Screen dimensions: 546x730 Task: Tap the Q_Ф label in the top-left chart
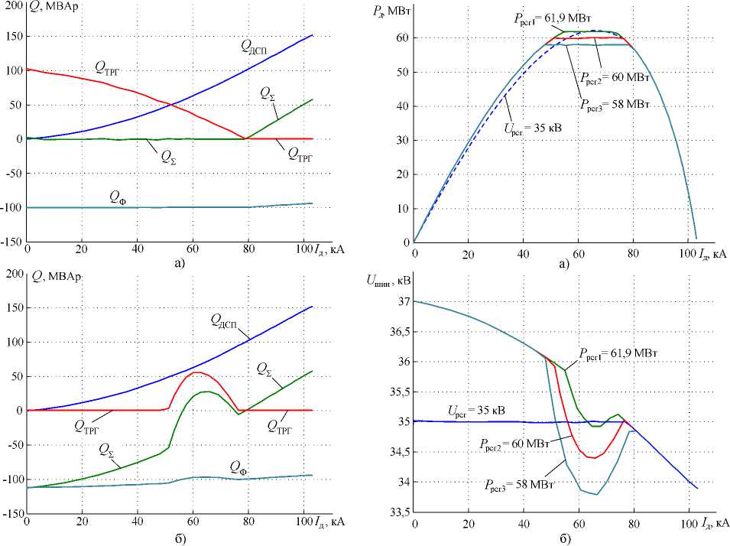point(117,197)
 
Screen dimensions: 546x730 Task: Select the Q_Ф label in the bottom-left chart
point(242,466)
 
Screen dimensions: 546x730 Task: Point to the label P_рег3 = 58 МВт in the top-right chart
point(613,103)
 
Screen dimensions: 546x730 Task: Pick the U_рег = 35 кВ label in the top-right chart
point(531,126)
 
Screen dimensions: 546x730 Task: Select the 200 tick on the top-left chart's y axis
point(11,4)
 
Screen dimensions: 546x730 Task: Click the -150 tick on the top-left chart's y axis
point(11,242)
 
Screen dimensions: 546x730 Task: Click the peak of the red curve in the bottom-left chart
point(197,372)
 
